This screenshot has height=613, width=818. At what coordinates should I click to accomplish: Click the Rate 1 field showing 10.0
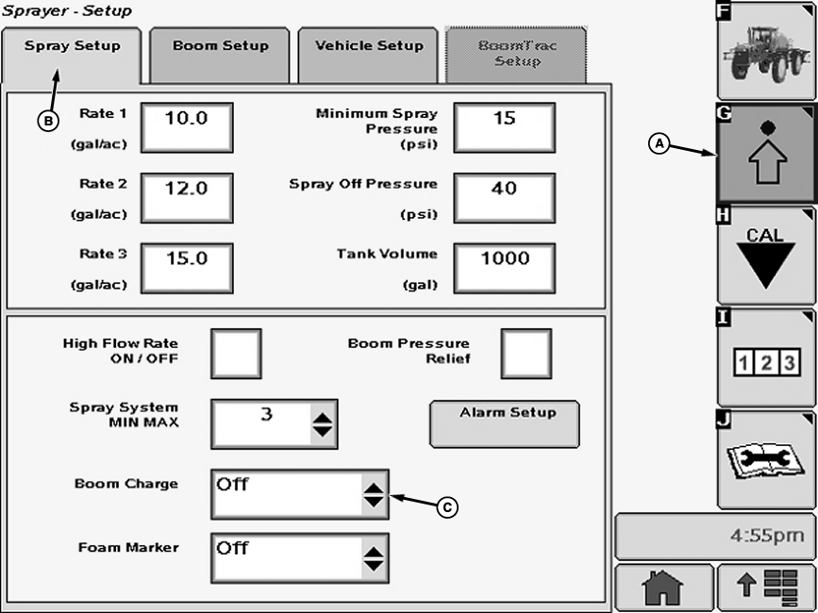pos(187,126)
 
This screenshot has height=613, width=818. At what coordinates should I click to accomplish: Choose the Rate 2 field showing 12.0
pos(187,197)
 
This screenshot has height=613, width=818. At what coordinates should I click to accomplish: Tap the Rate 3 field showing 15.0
pos(187,267)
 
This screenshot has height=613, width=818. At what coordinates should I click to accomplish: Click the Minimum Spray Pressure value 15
pos(504,126)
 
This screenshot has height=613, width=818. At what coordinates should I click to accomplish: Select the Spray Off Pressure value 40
pos(504,197)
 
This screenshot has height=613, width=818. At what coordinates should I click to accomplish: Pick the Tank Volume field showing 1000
pos(504,267)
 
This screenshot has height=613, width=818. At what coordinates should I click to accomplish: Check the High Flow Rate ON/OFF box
pos(235,354)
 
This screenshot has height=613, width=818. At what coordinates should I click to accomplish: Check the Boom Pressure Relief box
pos(526,354)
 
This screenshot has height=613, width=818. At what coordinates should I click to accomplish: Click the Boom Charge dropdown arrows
pos(375,494)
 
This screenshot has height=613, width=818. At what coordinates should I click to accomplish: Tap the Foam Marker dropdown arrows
pos(375,557)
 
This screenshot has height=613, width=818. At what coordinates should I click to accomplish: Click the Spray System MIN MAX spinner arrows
pos(323,423)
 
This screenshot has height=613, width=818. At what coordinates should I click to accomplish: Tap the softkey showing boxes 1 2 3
pos(765,359)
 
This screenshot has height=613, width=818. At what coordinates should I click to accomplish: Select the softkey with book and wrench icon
pos(765,459)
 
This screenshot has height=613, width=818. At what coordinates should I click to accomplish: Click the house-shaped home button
pos(661,589)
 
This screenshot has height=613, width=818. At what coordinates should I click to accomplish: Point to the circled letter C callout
pos(449,507)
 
